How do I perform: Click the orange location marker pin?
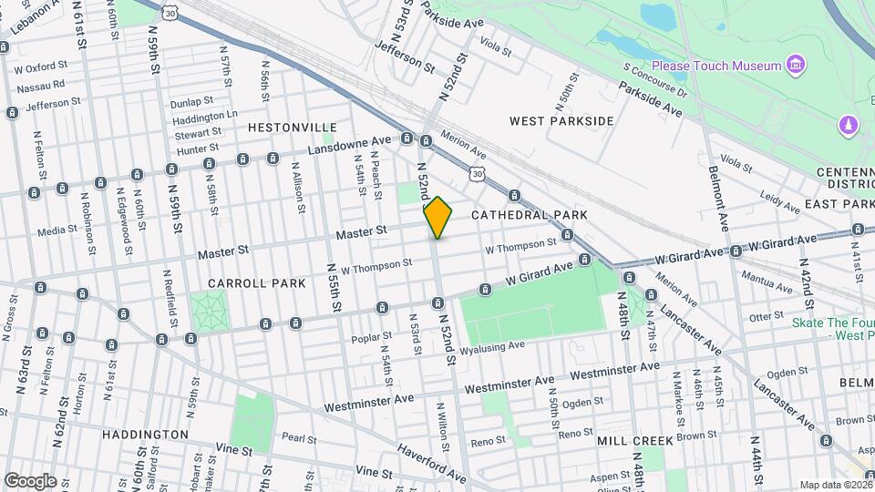coord(438,217)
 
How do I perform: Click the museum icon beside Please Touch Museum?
coord(797,65)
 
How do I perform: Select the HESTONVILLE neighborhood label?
coord(293,128)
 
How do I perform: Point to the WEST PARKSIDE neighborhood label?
coord(561,121)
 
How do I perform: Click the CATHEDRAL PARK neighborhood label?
coord(530,215)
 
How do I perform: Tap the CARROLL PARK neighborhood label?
coord(256,283)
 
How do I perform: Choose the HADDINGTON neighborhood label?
coord(145,435)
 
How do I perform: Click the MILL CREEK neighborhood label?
coord(635,441)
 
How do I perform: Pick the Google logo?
coord(30,480)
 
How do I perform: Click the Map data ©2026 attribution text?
coord(835,485)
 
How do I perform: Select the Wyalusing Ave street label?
coord(492,347)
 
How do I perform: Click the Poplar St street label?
coord(370,340)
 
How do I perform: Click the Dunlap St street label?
coord(191,101)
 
